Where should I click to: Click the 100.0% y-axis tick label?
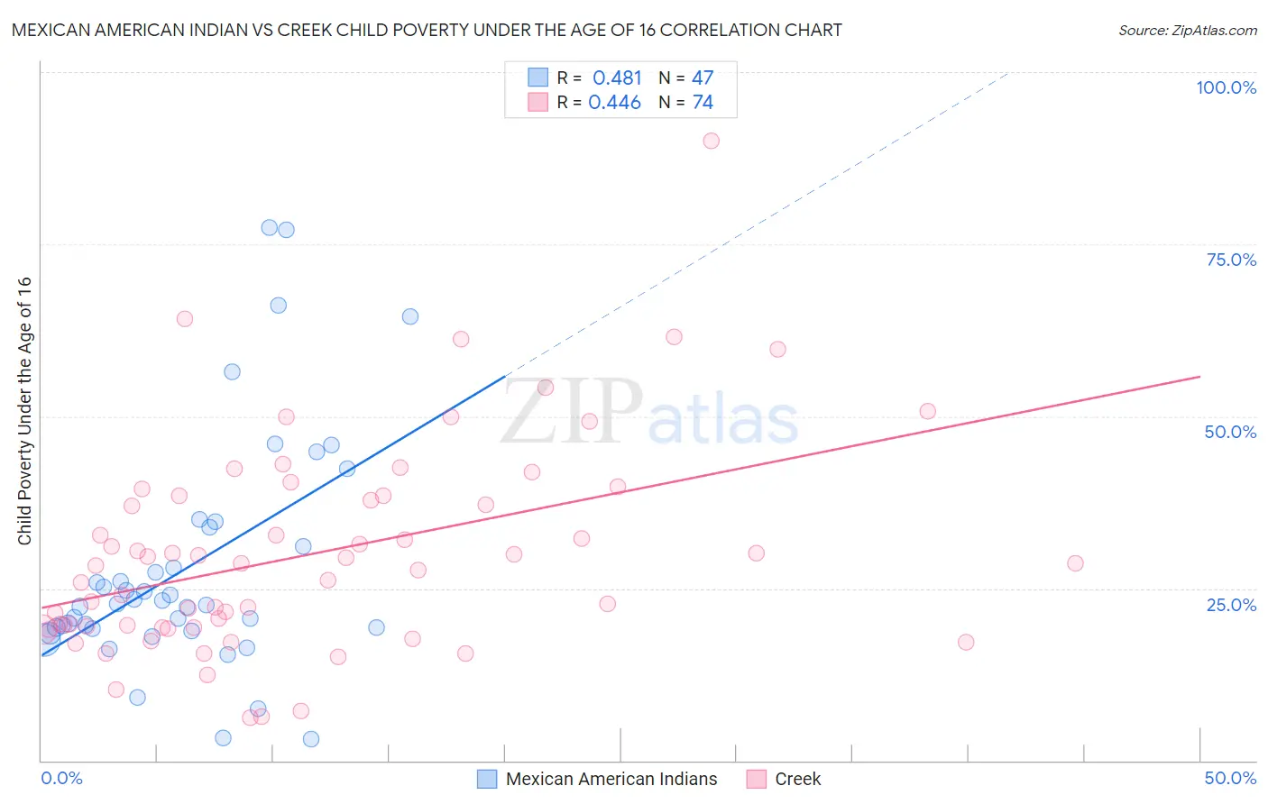pos(1226,87)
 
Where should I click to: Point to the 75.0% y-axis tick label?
pos(1231,260)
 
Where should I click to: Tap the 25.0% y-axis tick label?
pos(1231,604)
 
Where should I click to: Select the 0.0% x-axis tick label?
pos(61,778)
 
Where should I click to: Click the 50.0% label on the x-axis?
pos(1230,778)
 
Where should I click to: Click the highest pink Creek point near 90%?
pos(711,141)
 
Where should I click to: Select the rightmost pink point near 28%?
pos(1075,563)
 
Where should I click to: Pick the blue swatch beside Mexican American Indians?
pos(487,779)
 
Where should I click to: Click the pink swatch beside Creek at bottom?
pos(757,779)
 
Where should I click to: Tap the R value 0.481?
pos(617,78)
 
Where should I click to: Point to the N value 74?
pos(703,103)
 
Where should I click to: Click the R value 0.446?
pos(614,103)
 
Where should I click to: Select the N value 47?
pos(703,78)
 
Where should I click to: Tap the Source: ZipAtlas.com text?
pos(1187,31)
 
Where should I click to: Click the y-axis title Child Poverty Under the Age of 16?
pos(24,410)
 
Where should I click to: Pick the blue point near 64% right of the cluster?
pos(410,316)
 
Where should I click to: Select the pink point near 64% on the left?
pos(185,318)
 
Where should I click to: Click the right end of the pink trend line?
pos(1199,376)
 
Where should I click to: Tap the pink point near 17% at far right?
pos(966,642)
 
